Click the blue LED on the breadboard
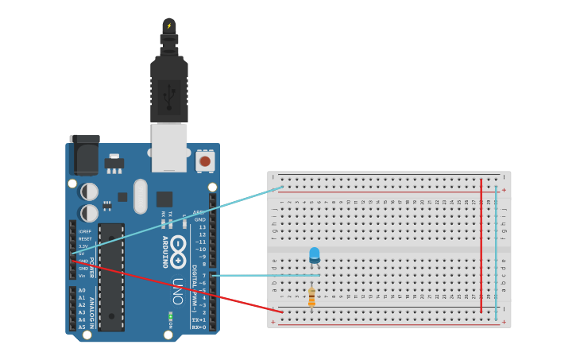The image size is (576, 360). click(x=314, y=254)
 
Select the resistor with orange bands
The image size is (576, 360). click(x=311, y=297)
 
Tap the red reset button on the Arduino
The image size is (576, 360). click(x=205, y=161)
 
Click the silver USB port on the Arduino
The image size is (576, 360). click(x=169, y=147)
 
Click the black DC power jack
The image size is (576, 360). click(x=84, y=155)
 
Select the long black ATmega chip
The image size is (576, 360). click(x=111, y=277)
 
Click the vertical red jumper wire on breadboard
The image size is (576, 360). click(x=481, y=246)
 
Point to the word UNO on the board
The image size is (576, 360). click(x=178, y=291)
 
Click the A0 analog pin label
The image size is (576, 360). click(x=82, y=290)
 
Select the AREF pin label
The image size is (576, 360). click(x=199, y=212)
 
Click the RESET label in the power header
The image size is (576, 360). click(x=85, y=238)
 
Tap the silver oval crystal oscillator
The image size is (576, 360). click(x=141, y=196)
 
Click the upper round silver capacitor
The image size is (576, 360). click(x=90, y=192)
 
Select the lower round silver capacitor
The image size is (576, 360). click(x=90, y=213)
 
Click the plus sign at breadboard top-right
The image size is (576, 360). click(x=503, y=190)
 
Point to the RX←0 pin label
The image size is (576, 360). click(x=198, y=327)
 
